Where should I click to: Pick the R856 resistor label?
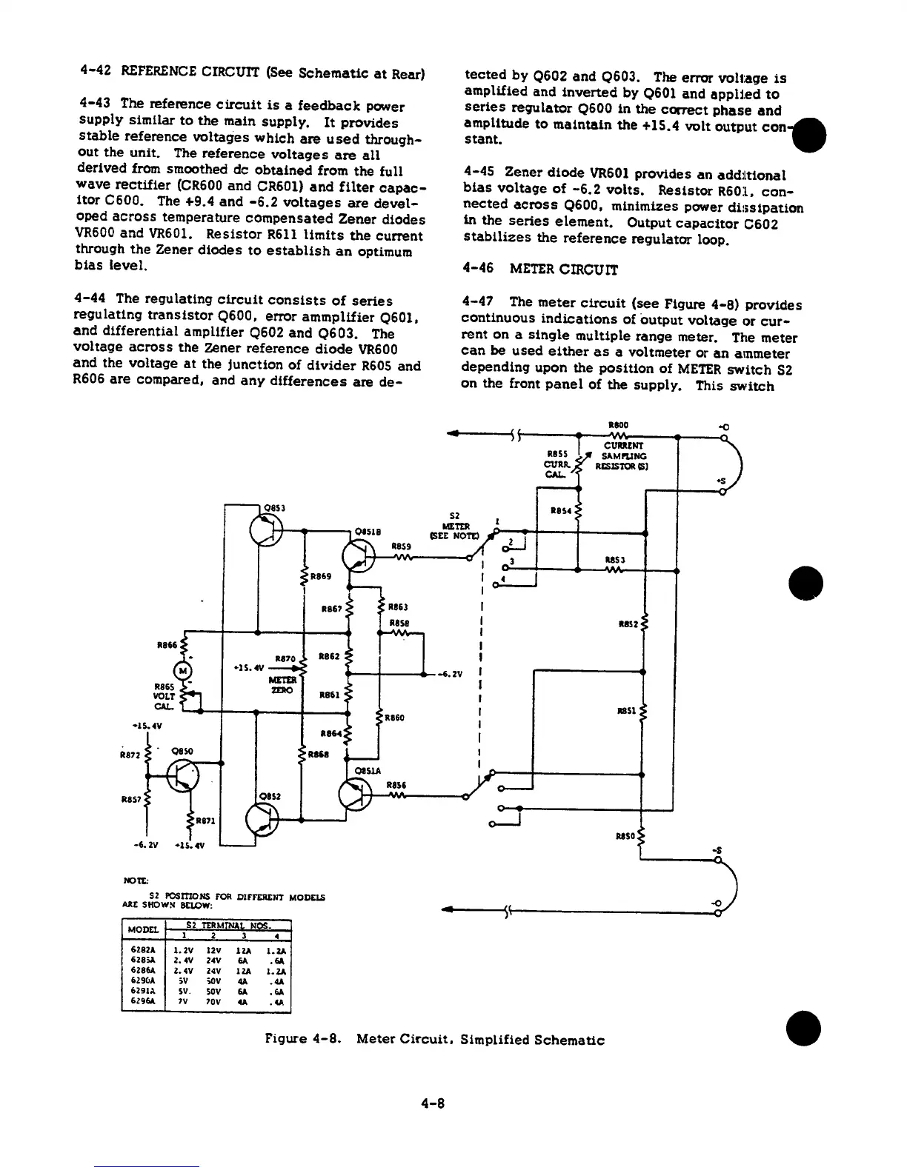click(x=397, y=785)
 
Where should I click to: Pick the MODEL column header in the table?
click(x=144, y=929)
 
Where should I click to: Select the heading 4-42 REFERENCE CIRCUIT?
click(x=251, y=73)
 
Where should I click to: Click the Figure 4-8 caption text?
click(x=434, y=1040)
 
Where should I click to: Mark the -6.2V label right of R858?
click(x=451, y=674)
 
